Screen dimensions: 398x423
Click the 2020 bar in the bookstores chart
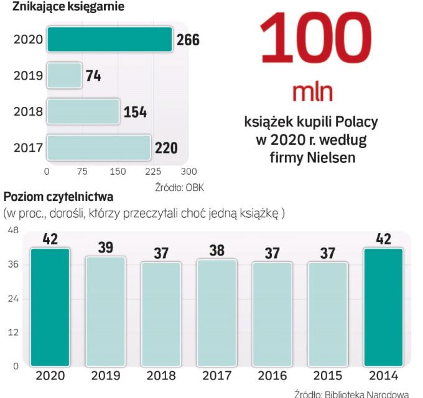(109, 40)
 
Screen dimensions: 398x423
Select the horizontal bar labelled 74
(64, 76)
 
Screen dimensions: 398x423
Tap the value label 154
(135, 112)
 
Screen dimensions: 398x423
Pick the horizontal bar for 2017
(99, 148)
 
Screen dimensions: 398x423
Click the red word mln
(313, 92)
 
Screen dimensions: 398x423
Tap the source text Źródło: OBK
(180, 186)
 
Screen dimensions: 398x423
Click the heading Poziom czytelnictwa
(58, 198)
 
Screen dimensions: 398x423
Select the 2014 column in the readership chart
(383, 307)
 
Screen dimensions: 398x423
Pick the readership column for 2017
(217, 313)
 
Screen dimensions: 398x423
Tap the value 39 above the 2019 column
(106, 248)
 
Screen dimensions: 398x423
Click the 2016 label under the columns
(272, 376)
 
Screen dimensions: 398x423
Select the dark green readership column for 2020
(50, 307)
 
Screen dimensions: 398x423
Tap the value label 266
(188, 40)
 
